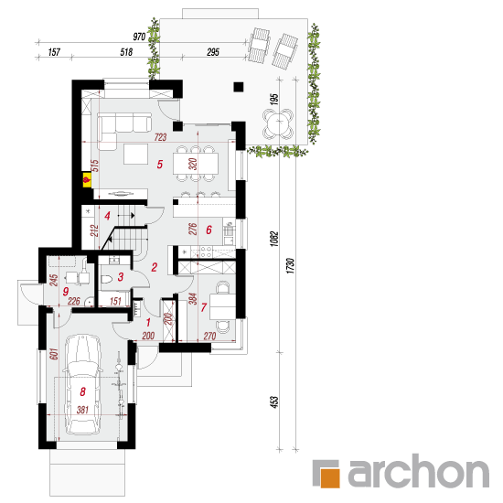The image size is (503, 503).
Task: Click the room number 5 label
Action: (160, 165)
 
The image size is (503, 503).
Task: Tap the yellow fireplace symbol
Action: (87, 179)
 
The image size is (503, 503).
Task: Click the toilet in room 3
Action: (106, 280)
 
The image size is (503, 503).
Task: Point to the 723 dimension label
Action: (160, 137)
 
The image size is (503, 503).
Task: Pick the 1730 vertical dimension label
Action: (290, 265)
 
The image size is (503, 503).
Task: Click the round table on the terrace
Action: (278, 123)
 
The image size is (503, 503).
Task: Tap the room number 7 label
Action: (203, 307)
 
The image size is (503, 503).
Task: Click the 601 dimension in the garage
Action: (54, 354)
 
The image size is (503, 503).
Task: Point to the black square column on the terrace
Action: (239, 87)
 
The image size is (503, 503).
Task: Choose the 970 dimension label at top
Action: (139, 37)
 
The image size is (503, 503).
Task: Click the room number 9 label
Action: (66, 291)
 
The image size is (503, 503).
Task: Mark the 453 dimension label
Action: (274, 402)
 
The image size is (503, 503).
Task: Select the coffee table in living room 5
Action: (136, 154)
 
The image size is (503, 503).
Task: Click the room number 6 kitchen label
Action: (209, 230)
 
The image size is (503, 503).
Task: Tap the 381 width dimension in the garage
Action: (82, 410)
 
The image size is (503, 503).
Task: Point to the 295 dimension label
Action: (213, 52)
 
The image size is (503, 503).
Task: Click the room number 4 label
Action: (108, 216)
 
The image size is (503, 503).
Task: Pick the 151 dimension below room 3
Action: (115, 301)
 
